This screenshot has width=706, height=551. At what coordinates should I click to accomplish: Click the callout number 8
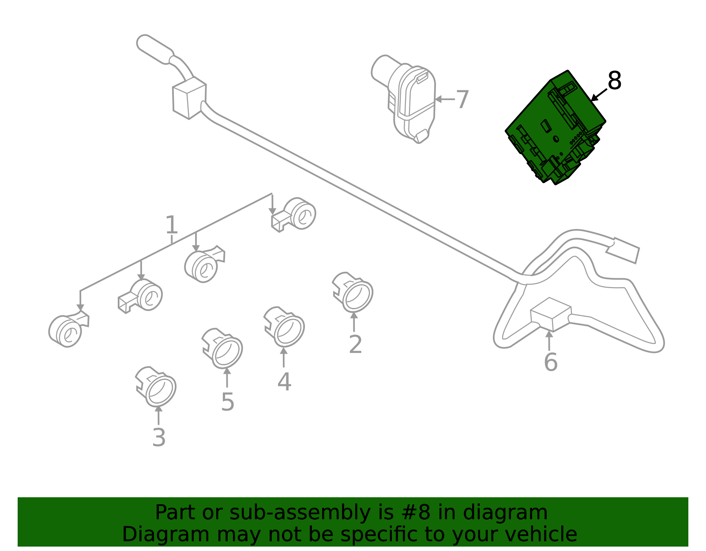pyautogui.click(x=614, y=81)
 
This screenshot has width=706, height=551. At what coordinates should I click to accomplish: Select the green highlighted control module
pyautogui.click(x=555, y=128)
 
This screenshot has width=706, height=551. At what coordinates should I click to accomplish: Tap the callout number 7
pyautogui.click(x=462, y=100)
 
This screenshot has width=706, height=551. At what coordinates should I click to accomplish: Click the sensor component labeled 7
pyautogui.click(x=409, y=99)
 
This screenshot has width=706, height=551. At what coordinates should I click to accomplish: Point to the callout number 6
pyautogui.click(x=550, y=362)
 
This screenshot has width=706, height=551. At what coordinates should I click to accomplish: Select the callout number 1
pyautogui.click(x=171, y=225)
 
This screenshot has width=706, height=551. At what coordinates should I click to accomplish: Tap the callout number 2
pyautogui.click(x=355, y=345)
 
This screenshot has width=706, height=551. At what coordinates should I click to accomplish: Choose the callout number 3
pyautogui.click(x=159, y=438)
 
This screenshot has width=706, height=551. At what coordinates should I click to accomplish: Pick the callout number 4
pyautogui.click(x=284, y=382)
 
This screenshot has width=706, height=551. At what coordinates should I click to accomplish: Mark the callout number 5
pyautogui.click(x=227, y=402)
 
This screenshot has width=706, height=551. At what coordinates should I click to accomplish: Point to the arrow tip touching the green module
pyautogui.click(x=593, y=100)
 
